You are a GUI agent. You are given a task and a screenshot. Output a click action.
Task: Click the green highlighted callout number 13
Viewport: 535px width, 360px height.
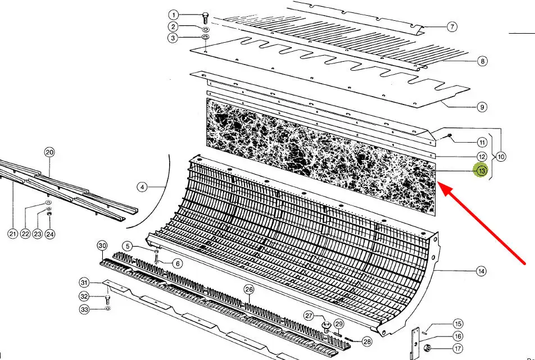[x=482, y=171]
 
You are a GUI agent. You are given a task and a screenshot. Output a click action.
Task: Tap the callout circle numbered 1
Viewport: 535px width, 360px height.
[x=174, y=15]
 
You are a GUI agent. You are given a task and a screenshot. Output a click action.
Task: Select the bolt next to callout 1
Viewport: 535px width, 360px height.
[x=205, y=18]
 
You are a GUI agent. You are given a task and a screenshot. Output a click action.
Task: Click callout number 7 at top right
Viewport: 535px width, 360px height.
[x=452, y=26]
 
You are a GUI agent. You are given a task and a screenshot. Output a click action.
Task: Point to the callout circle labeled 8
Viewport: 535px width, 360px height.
[x=482, y=61]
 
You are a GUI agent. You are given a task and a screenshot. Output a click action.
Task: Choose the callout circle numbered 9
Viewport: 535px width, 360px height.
[x=482, y=107]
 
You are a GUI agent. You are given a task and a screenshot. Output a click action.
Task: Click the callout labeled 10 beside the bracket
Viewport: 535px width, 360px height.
[x=501, y=157]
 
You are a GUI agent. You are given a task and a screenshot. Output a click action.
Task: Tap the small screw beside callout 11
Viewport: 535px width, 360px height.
[x=450, y=136]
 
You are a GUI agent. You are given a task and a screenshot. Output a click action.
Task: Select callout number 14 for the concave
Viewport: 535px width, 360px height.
[x=481, y=271]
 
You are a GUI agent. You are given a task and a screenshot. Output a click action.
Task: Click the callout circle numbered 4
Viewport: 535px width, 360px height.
[x=142, y=187]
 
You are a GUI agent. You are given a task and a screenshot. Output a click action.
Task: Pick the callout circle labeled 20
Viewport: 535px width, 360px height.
[x=49, y=152]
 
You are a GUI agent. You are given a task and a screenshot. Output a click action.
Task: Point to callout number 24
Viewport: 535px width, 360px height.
[x=50, y=234]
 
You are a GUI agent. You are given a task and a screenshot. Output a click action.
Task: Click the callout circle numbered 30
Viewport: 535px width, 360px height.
[x=102, y=246]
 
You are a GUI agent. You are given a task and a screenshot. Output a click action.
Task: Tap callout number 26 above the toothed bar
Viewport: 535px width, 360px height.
[x=249, y=290]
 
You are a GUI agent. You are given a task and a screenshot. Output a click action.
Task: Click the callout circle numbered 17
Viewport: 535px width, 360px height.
[x=458, y=348]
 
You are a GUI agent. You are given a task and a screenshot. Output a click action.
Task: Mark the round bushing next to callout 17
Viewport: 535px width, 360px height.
[x=427, y=348]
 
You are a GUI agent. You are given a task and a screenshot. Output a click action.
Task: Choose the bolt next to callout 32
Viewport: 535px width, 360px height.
[x=107, y=299]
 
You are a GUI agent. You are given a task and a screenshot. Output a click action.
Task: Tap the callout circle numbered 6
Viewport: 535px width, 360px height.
[x=177, y=263]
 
